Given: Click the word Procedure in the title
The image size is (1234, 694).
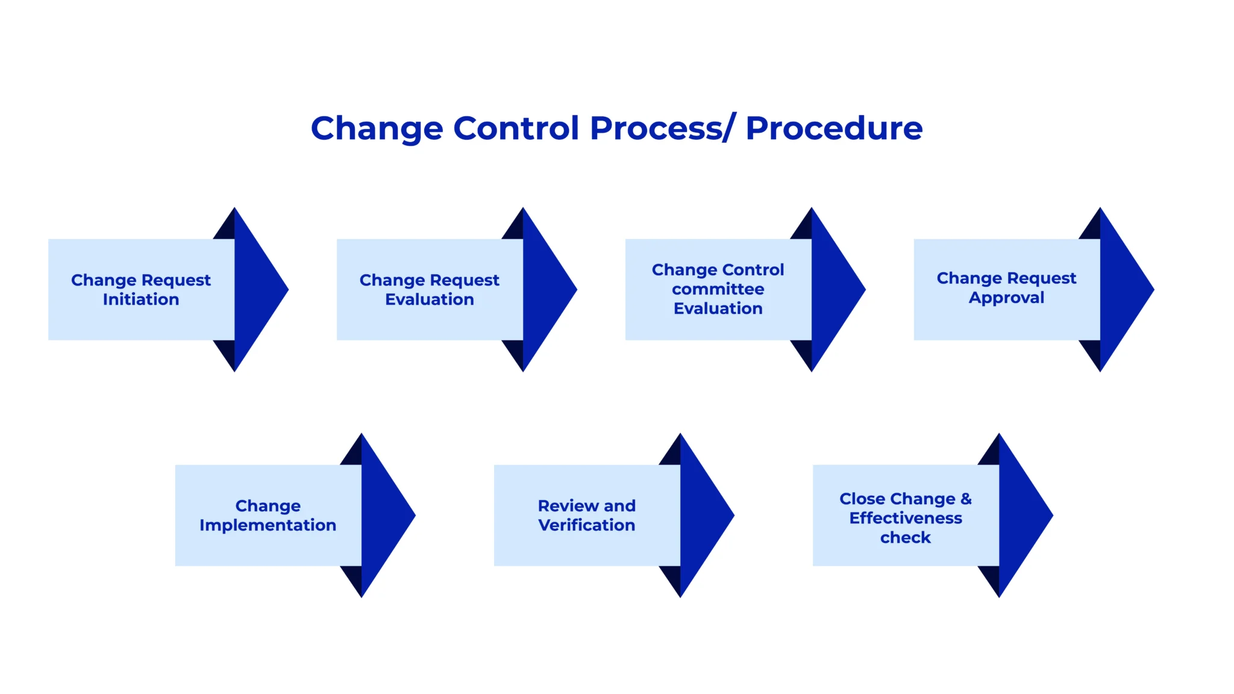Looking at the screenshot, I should pyautogui.click(x=834, y=129).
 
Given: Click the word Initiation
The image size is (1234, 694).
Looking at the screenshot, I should pyautogui.click(x=141, y=299).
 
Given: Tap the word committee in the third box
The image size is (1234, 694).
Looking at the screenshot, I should pyautogui.click(x=718, y=289).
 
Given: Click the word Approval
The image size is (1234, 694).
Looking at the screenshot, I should pyautogui.click(x=1006, y=298).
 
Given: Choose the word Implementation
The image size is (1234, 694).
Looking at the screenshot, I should pyautogui.click(x=268, y=525).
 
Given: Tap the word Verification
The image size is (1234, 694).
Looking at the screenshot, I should pyautogui.click(x=586, y=525).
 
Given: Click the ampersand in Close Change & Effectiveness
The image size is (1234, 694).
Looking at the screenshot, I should pyautogui.click(x=966, y=499).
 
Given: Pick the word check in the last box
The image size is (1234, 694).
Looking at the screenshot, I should pyautogui.click(x=905, y=537).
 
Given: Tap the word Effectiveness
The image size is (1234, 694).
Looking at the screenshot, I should pyautogui.click(x=905, y=518).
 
